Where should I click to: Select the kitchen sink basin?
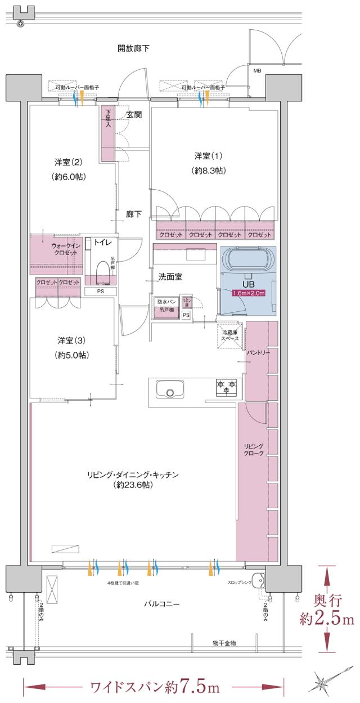pos(169,389)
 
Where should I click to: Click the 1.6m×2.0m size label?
pos(249,293)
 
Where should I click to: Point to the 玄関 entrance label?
pos(134,115)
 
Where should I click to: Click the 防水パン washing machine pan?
pos(167,306)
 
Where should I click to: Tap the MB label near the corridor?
pos(257,71)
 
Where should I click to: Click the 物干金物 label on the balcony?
pos(224,642)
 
